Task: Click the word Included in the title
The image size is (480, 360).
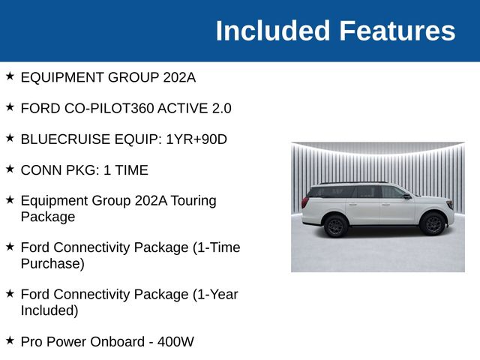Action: click(x=273, y=31)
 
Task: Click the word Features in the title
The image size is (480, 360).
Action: click(x=397, y=31)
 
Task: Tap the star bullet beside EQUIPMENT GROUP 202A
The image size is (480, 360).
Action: click(x=10, y=76)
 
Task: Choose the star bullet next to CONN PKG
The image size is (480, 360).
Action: click(x=10, y=169)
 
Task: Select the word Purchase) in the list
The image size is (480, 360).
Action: click(x=52, y=264)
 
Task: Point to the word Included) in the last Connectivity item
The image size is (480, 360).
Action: click(x=49, y=310)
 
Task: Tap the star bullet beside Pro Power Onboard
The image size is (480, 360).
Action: click(x=10, y=340)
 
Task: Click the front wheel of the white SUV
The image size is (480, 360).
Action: click(x=432, y=223)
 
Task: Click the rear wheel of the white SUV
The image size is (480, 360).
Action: click(x=335, y=225)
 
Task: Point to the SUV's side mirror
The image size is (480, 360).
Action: click(x=406, y=196)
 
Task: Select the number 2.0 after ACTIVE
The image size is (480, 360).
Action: click(x=221, y=108)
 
